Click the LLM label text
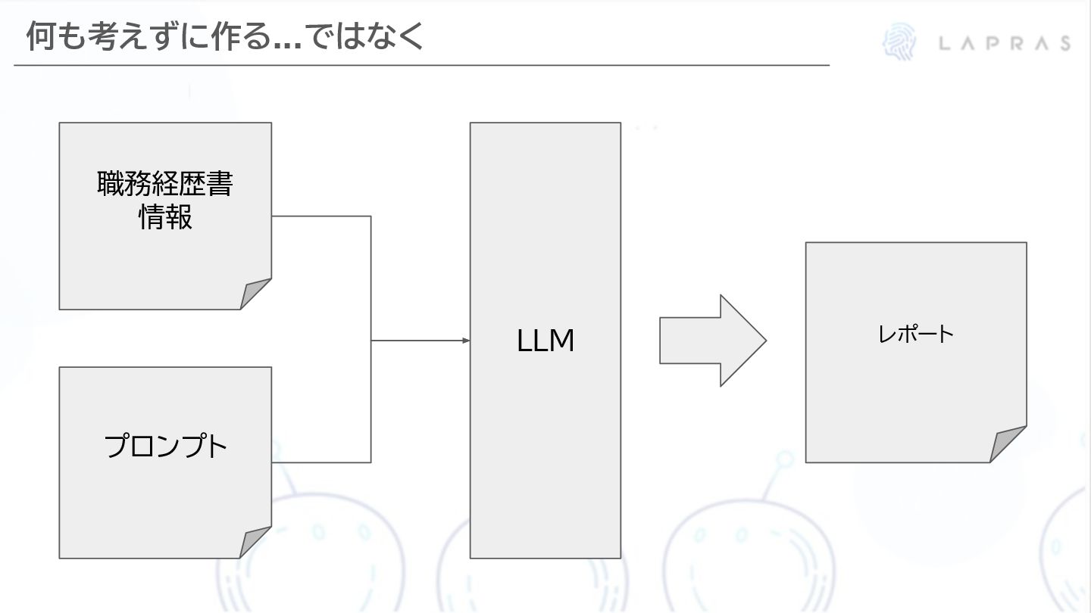tap(545, 341)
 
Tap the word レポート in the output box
tap(916, 334)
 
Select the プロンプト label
tap(166, 447)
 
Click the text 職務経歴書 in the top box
tap(165, 184)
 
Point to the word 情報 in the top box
tap(165, 217)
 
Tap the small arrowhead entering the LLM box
tap(466, 341)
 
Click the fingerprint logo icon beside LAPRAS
tap(899, 42)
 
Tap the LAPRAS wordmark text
tap(1005, 43)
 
